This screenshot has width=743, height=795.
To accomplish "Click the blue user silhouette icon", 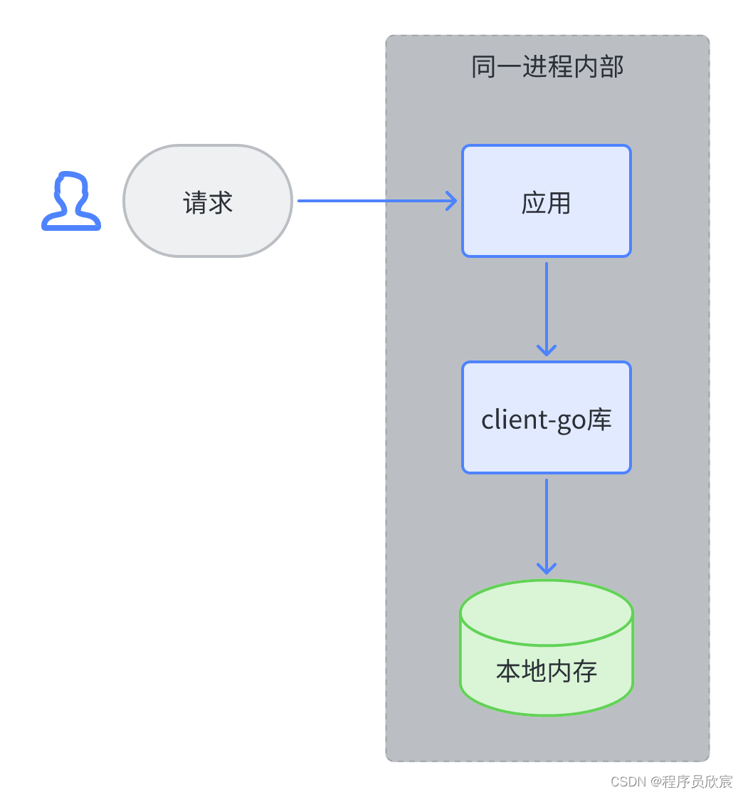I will pyautogui.click(x=71, y=201).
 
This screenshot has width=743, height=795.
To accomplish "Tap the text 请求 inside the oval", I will pyautogui.click(x=208, y=203).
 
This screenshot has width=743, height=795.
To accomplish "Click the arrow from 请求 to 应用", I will pyautogui.click(x=370, y=201).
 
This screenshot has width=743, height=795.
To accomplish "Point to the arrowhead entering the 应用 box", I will pyautogui.click(x=451, y=201).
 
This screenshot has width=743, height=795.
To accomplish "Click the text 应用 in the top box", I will pyautogui.click(x=546, y=203).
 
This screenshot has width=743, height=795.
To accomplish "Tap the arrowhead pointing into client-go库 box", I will pyautogui.click(x=546, y=350).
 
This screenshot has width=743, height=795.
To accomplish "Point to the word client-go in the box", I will pyautogui.click(x=534, y=420).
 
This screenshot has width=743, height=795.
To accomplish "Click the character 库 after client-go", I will pyautogui.click(x=599, y=420).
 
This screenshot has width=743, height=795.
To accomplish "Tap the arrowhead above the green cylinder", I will pyautogui.click(x=546, y=568).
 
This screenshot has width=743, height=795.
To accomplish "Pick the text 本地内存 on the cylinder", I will pyautogui.click(x=546, y=671).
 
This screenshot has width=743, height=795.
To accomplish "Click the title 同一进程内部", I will pyautogui.click(x=547, y=67).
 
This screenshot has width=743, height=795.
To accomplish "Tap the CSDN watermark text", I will pyautogui.click(x=627, y=781).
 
